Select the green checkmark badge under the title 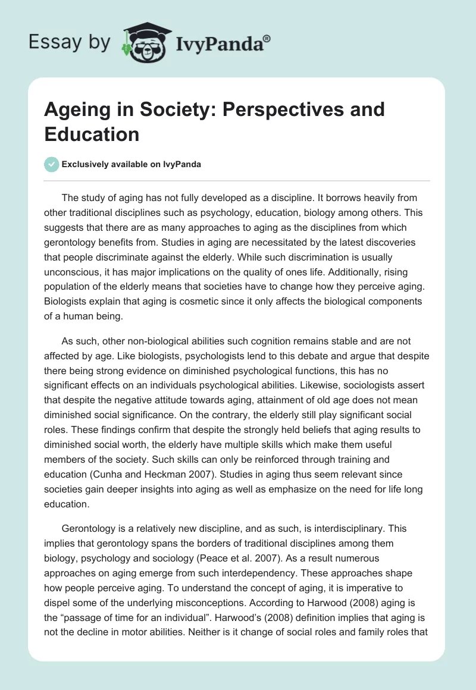click(x=52, y=164)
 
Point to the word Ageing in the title click(x=77, y=109)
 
